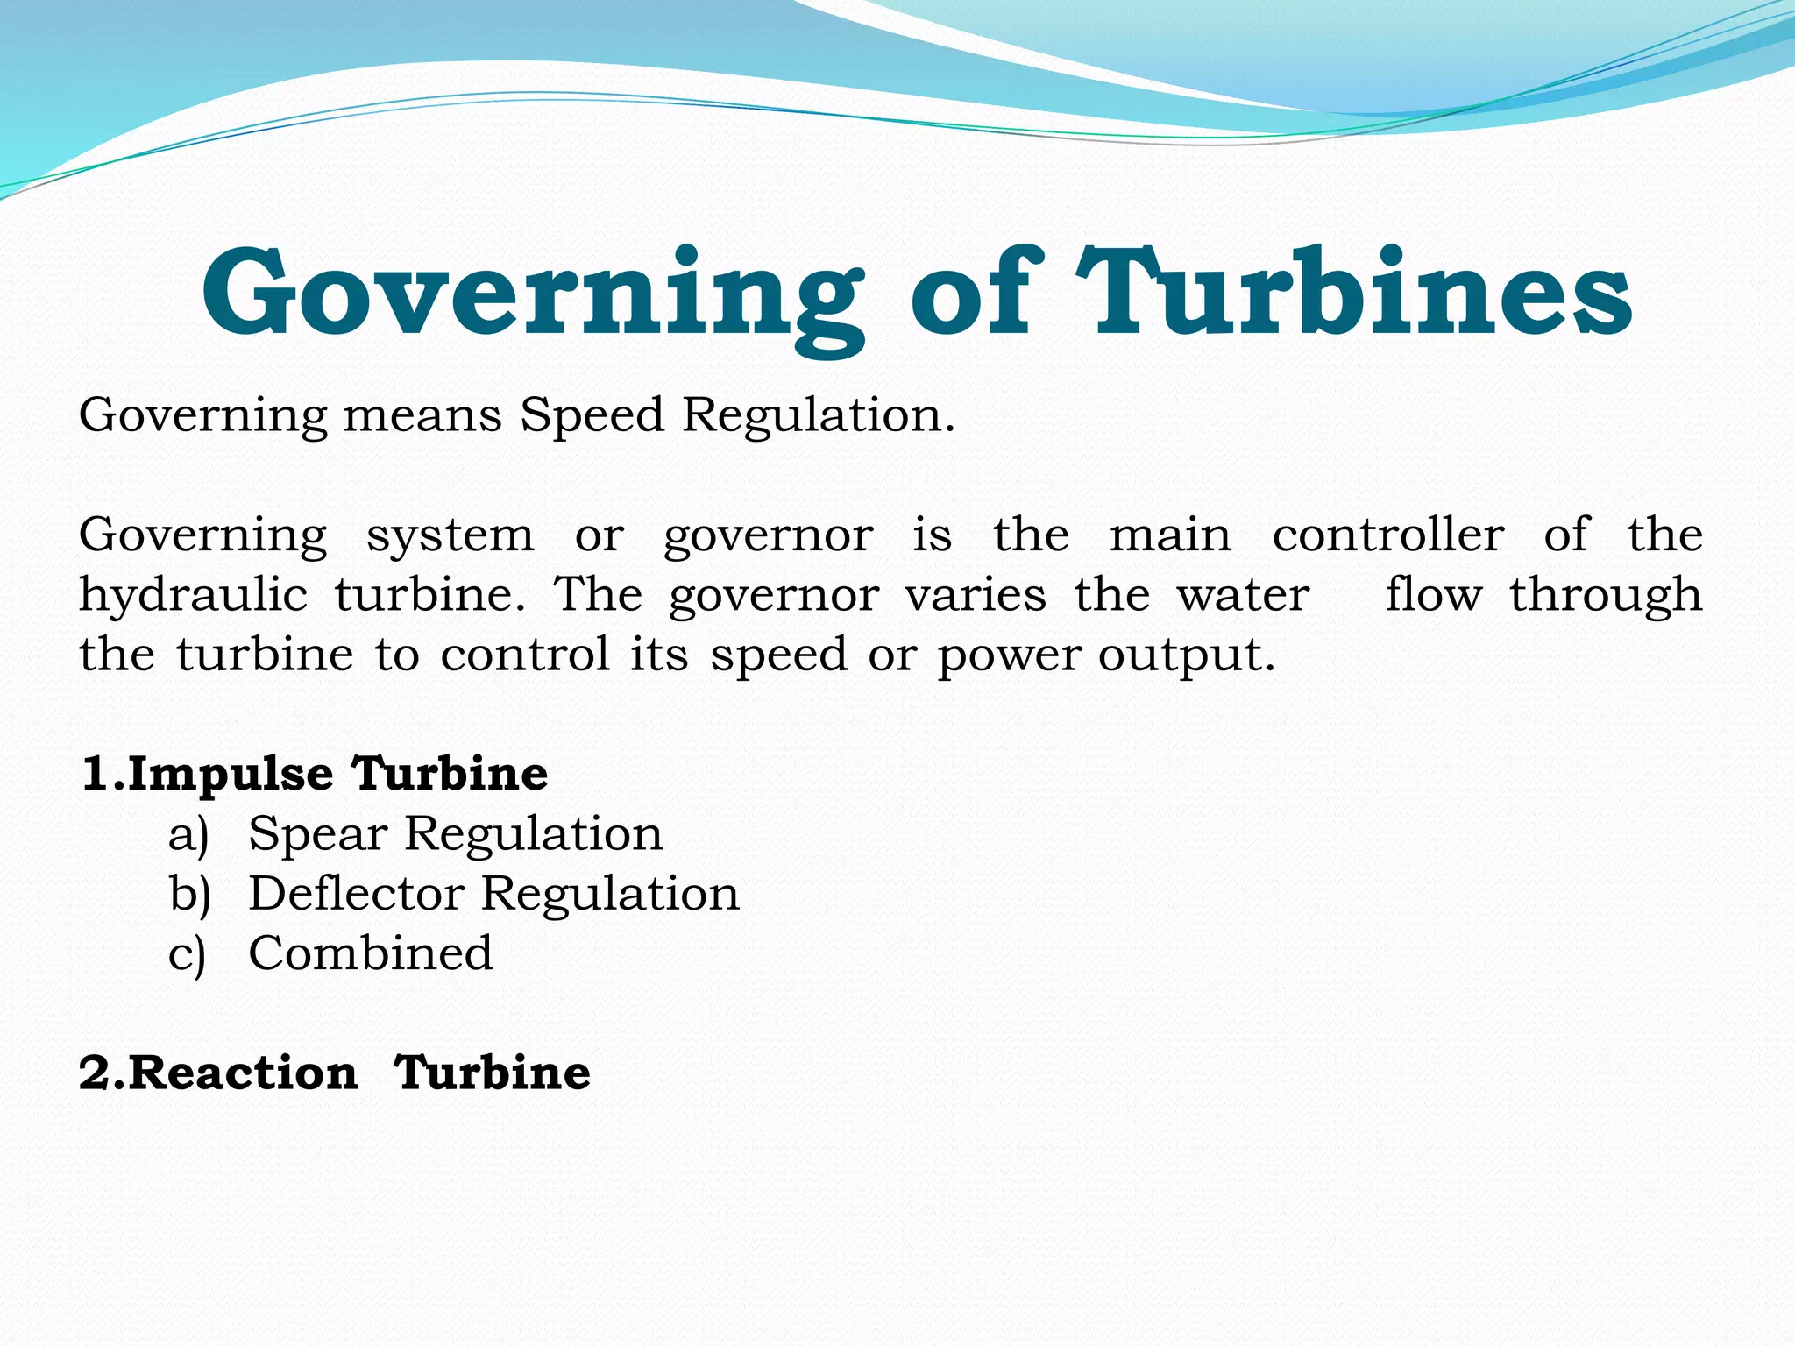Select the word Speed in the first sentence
[x=592, y=415]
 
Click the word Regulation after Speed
[x=818, y=414]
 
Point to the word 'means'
[x=422, y=415]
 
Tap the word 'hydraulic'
[x=193, y=596]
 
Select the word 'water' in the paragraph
[x=1243, y=596]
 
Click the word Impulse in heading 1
[x=231, y=775]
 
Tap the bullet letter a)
[x=188, y=834]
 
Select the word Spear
[x=317, y=834]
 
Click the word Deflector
[x=356, y=894]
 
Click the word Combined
[x=371, y=953]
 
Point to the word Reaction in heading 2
[x=244, y=1073]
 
